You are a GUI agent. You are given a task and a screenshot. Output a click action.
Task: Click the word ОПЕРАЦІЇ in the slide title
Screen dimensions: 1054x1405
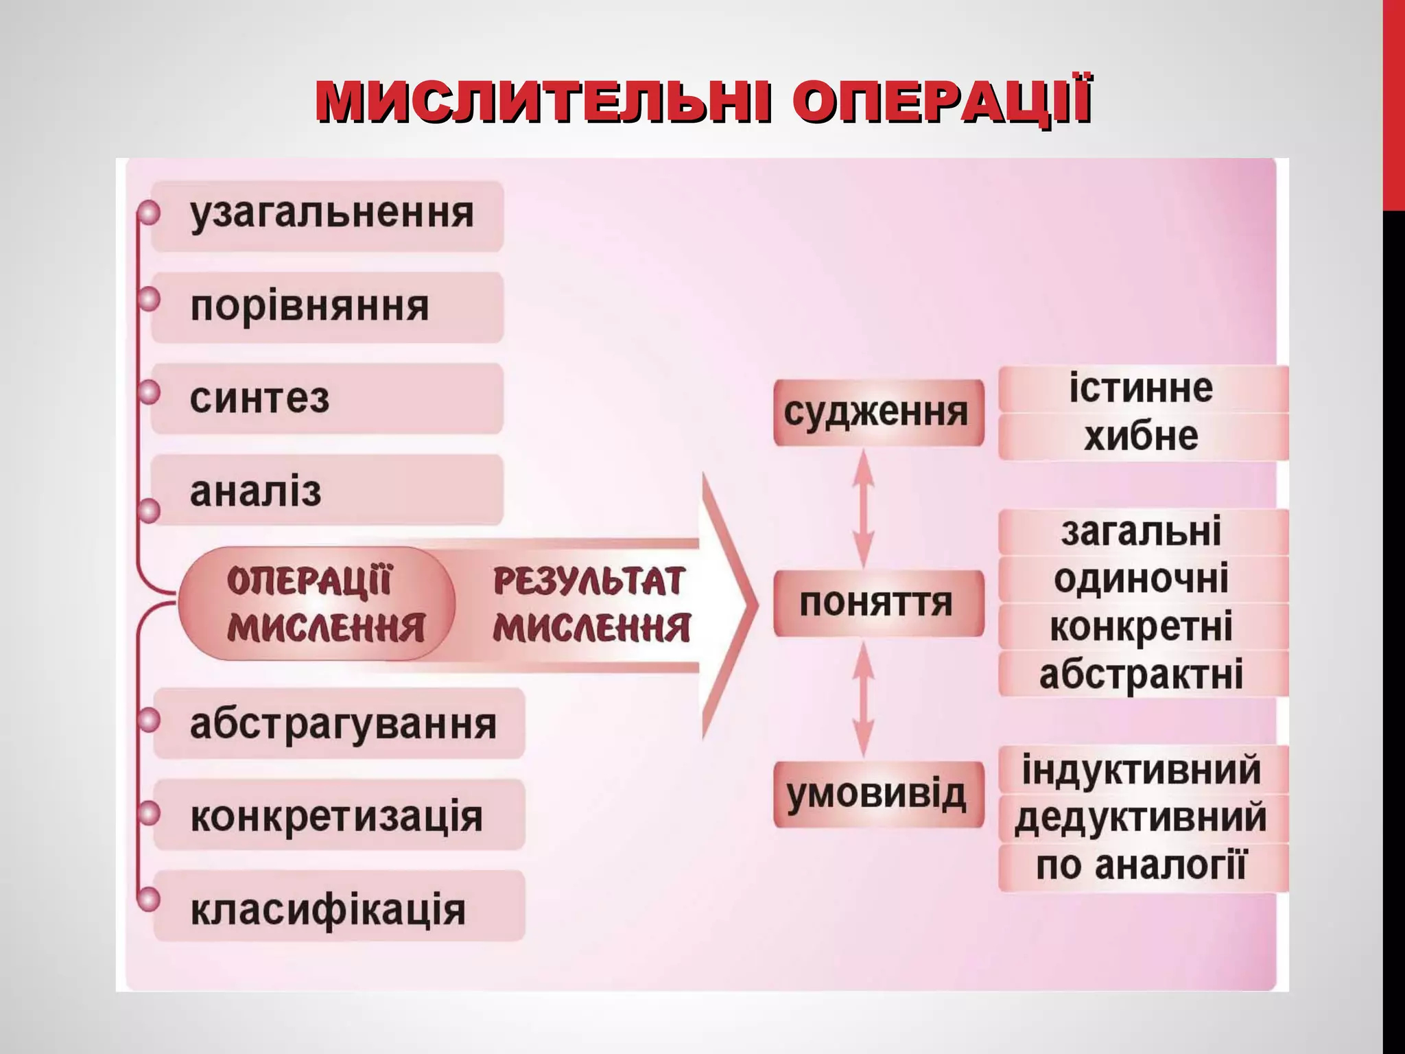tap(941, 103)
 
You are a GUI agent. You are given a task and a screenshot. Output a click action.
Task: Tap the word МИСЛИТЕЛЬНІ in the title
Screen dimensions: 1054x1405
tap(542, 103)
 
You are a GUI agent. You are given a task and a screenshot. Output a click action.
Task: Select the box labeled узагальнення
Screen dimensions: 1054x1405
tap(327, 215)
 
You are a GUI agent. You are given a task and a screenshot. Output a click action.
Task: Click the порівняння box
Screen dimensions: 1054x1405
tap(327, 307)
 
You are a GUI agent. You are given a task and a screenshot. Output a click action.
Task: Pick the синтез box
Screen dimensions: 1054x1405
tap(327, 399)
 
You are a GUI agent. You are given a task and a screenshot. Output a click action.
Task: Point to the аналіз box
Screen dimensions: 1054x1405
tap(327, 491)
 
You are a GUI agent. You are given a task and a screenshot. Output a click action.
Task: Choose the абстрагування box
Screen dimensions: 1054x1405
tap(340, 724)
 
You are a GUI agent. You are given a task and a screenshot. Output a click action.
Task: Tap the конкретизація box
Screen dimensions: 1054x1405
tap(340, 815)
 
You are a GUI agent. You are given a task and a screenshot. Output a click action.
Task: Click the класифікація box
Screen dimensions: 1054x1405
tap(340, 907)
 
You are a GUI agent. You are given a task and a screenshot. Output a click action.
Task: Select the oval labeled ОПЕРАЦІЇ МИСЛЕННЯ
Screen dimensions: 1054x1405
tap(317, 604)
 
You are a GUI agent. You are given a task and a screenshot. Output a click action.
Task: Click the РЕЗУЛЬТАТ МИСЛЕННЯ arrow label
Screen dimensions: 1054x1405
tap(590, 604)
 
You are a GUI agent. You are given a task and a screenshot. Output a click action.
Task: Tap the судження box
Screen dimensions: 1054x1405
tap(878, 412)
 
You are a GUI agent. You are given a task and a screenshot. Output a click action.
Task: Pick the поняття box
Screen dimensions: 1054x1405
tap(878, 603)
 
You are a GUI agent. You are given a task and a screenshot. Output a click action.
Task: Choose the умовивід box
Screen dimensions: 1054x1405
tap(878, 794)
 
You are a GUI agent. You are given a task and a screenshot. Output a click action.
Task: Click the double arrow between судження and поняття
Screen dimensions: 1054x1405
tap(863, 508)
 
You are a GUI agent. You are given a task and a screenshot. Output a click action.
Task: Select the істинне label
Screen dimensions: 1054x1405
tap(1142, 388)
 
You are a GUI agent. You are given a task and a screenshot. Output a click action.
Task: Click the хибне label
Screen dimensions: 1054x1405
tap(1142, 436)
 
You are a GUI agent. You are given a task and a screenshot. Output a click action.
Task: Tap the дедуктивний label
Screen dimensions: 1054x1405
tap(1142, 818)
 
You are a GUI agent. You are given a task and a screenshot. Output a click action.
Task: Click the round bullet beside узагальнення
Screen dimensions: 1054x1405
tap(148, 213)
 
